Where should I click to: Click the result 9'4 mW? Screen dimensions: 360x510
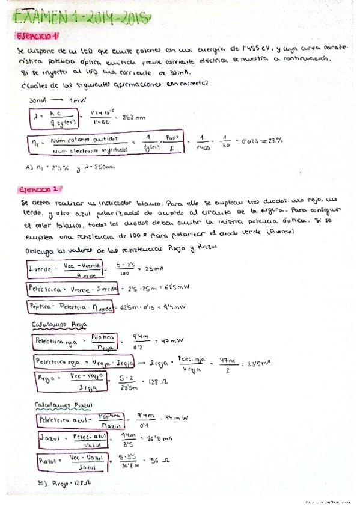pyautogui.click(x=174, y=307)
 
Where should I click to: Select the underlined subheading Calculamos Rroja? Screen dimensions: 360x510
pyautogui.click(x=60, y=324)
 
